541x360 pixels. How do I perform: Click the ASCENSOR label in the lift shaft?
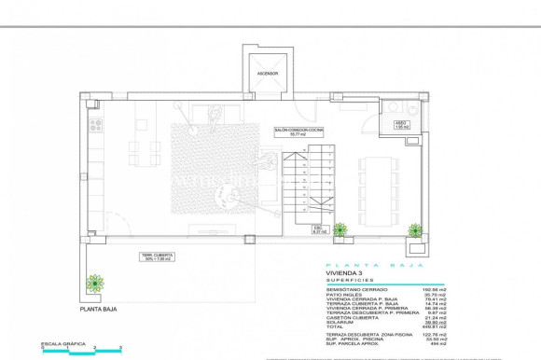click(269, 72)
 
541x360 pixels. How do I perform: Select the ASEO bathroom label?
click(400, 123)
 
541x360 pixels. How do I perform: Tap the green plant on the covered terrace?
click(93, 283)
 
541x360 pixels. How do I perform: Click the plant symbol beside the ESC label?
click(340, 228)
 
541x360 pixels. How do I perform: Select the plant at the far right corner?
click(414, 228)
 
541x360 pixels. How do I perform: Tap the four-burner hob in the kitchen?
click(95, 123)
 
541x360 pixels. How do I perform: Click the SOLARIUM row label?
click(337, 322)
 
